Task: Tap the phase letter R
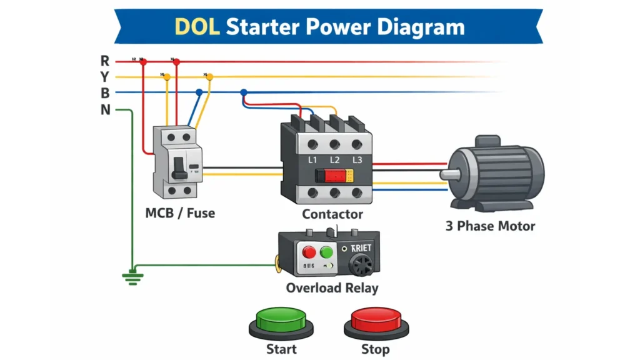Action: coord(105,61)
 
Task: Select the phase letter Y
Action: coord(105,77)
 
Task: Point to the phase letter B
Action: coord(105,93)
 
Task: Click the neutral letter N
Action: coord(105,110)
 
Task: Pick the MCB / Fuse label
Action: coord(180,213)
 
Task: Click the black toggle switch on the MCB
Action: coord(179,166)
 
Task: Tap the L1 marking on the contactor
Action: coord(314,160)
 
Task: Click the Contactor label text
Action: coord(332,214)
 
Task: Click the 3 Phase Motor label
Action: coord(490,226)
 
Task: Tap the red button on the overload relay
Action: coord(309,252)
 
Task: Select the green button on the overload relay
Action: coord(326,252)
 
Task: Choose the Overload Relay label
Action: coord(332,288)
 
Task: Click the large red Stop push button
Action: coord(376,319)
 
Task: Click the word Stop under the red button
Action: coord(375,349)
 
